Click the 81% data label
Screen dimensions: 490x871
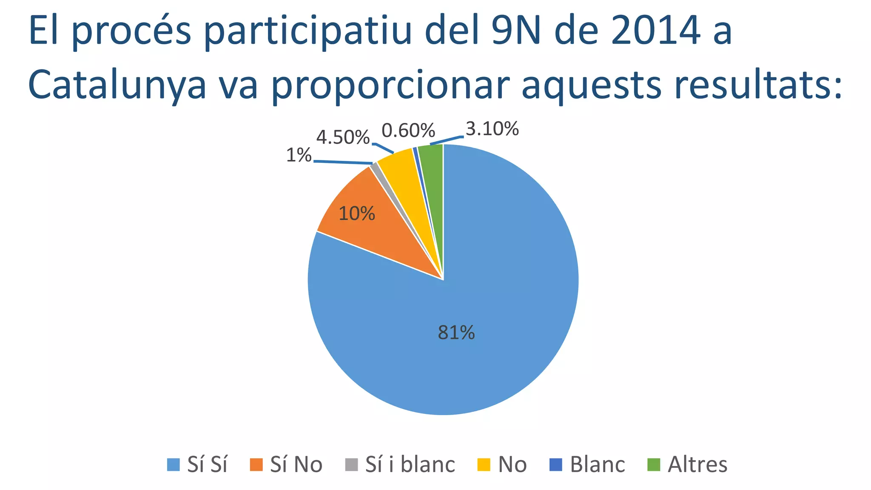pyautogui.click(x=456, y=333)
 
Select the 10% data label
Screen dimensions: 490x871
pyautogui.click(x=356, y=214)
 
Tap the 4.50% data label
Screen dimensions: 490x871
pyautogui.click(x=343, y=137)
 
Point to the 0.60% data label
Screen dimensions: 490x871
pyautogui.click(x=408, y=131)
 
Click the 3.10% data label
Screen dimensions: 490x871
pyautogui.click(x=492, y=128)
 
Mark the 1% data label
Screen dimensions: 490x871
pyautogui.click(x=299, y=156)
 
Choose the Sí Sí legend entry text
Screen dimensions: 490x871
pyautogui.click(x=207, y=464)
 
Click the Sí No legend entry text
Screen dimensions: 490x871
pyautogui.click(x=296, y=464)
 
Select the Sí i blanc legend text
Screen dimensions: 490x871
pyautogui.click(x=410, y=464)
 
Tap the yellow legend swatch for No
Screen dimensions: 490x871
pyautogui.click(x=484, y=464)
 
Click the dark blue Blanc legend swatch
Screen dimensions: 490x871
pyautogui.click(x=556, y=464)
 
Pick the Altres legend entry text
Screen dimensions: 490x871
pyautogui.click(x=697, y=464)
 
